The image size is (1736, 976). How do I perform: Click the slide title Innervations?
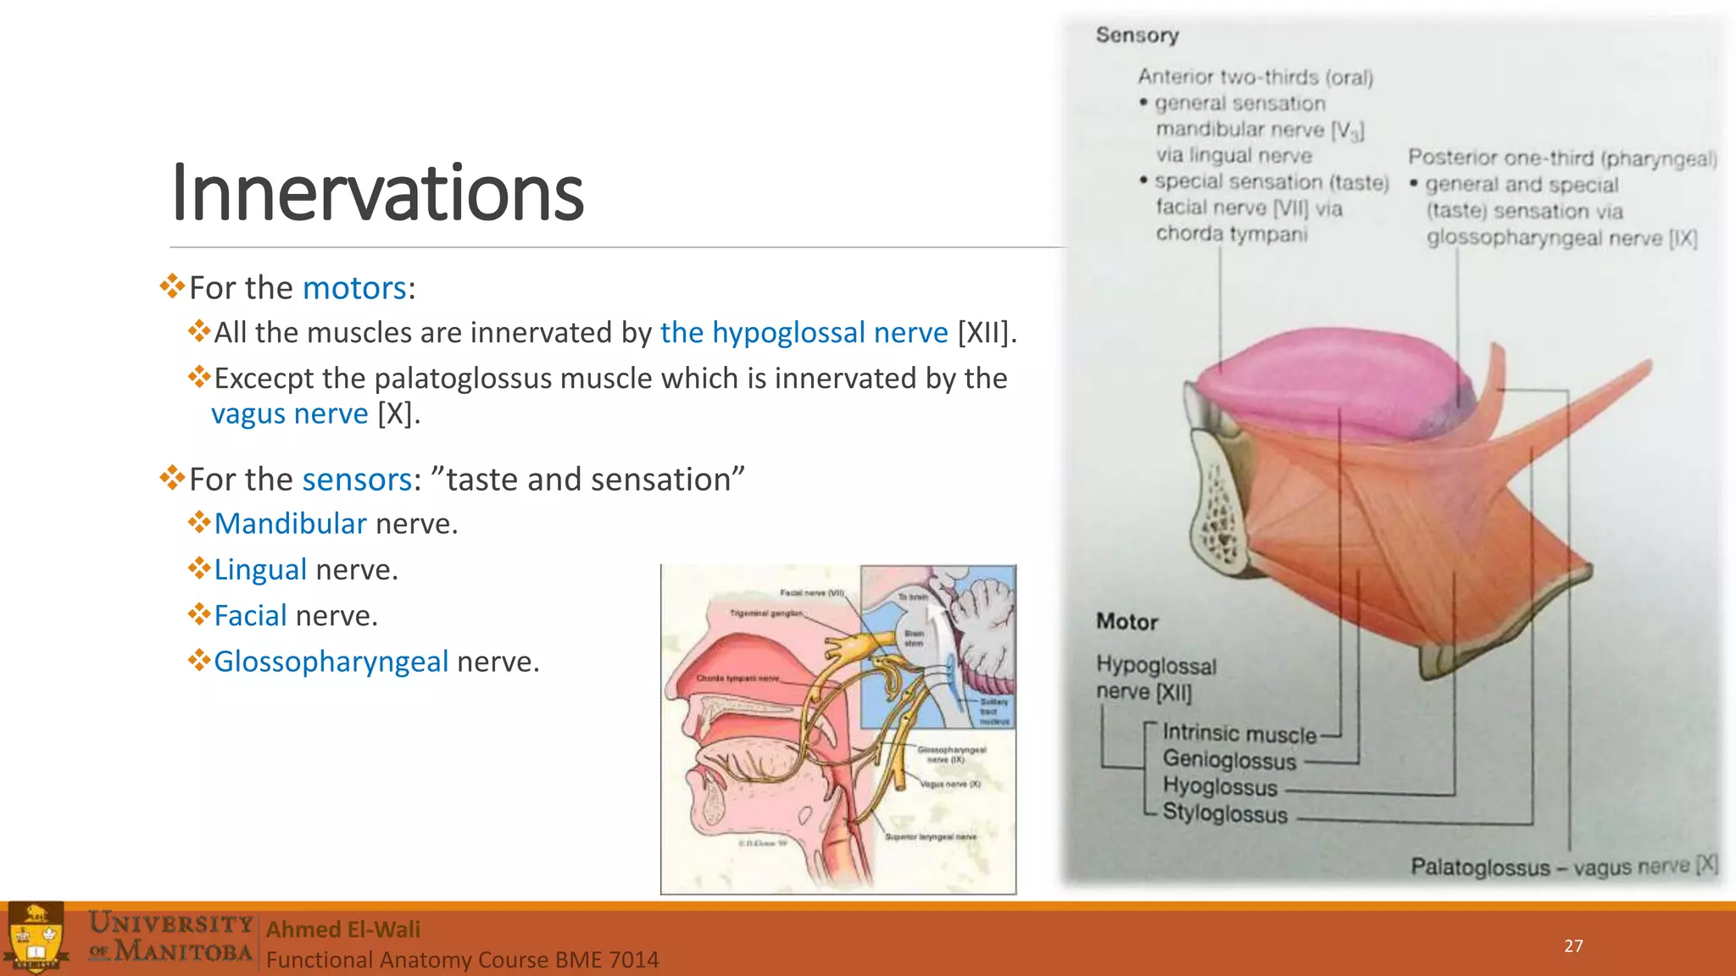click(377, 194)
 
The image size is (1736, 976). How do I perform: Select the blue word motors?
click(354, 289)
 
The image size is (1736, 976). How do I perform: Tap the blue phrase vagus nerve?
click(289, 414)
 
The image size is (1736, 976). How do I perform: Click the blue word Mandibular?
click(290, 524)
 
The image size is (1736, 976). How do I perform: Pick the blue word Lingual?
click(260, 570)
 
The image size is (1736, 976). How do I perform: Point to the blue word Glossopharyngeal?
click(331, 662)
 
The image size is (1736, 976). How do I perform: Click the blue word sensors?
click(357, 480)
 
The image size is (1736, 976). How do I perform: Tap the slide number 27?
click(1573, 946)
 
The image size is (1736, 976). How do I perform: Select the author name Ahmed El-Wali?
click(343, 929)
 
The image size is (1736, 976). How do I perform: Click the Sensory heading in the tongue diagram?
click(1137, 36)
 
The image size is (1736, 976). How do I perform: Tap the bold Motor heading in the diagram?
click(1127, 622)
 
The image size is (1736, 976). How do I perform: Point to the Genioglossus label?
click(1229, 760)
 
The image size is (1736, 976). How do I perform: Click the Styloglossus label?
click(1225, 813)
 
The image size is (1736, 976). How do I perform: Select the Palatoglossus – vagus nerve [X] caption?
click(1563, 867)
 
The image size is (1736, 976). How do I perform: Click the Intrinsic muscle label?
click(1239, 734)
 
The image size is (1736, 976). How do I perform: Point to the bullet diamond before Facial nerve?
click(199, 614)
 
